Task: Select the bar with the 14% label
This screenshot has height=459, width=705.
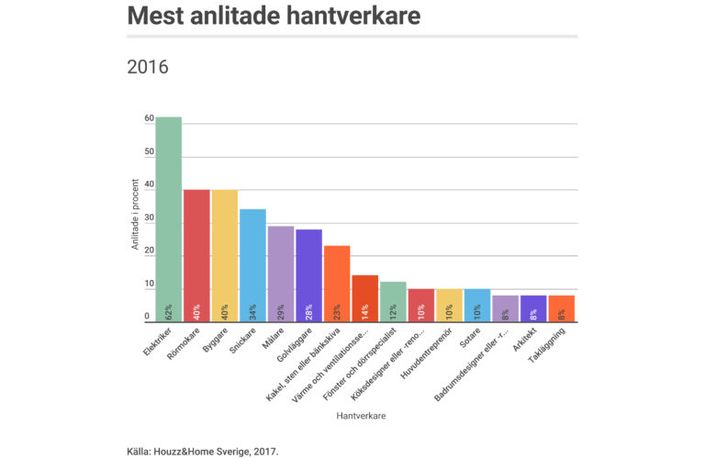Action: (365, 297)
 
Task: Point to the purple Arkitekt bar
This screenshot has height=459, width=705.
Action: (533, 308)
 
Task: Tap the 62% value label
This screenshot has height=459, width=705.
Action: (169, 311)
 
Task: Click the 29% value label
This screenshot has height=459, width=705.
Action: (281, 311)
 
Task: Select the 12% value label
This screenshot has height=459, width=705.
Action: (393, 311)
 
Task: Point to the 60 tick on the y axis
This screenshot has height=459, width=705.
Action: (149, 118)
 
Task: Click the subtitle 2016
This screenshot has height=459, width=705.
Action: (147, 67)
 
